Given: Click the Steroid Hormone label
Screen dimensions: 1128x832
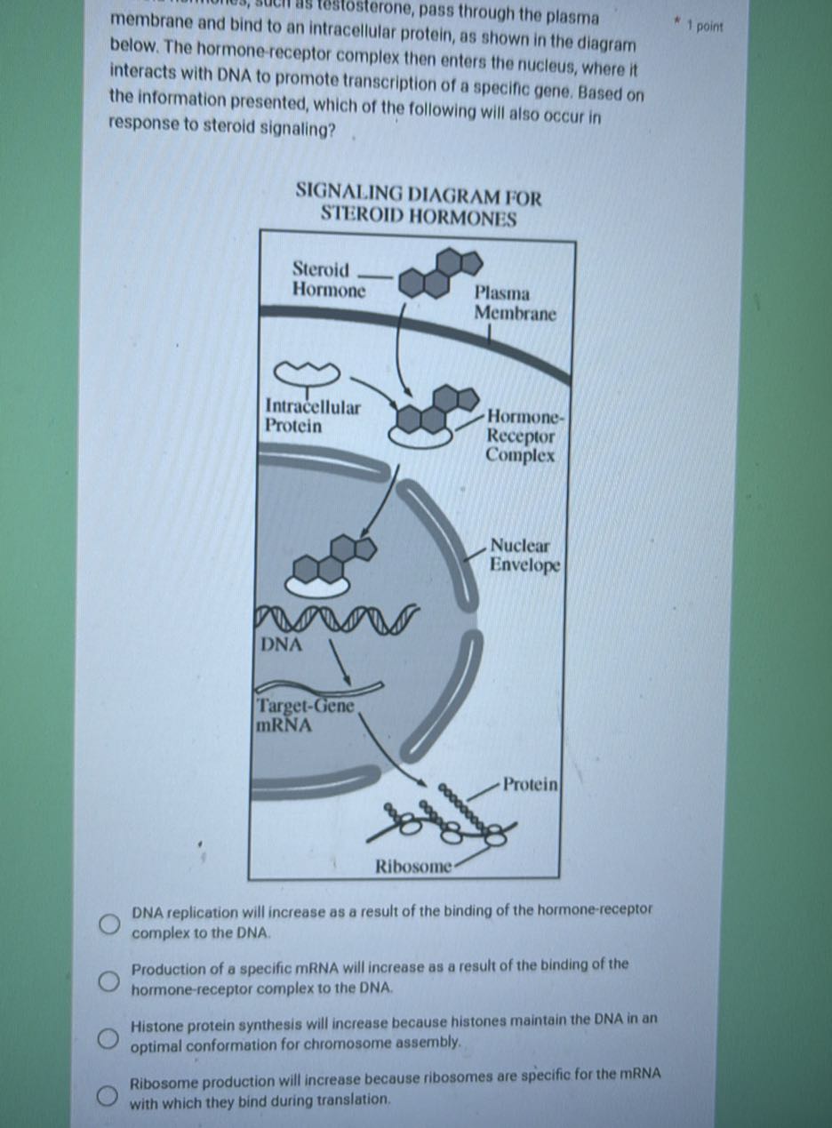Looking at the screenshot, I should [328, 279].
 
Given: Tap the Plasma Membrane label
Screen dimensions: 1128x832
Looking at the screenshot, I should [515, 303].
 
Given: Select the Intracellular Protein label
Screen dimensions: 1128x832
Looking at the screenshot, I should [313, 416].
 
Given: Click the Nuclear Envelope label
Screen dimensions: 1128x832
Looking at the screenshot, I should [524, 556].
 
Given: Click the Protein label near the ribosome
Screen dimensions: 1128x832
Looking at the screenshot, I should [530, 784].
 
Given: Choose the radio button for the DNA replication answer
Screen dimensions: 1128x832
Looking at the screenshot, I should [108, 925].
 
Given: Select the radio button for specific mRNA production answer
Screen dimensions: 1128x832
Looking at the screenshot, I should [108, 980].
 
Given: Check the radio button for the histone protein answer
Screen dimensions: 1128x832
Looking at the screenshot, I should [108, 1037].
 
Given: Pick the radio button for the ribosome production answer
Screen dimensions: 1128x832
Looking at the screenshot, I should [108, 1095].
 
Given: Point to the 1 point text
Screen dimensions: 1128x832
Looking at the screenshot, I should [708, 27].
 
